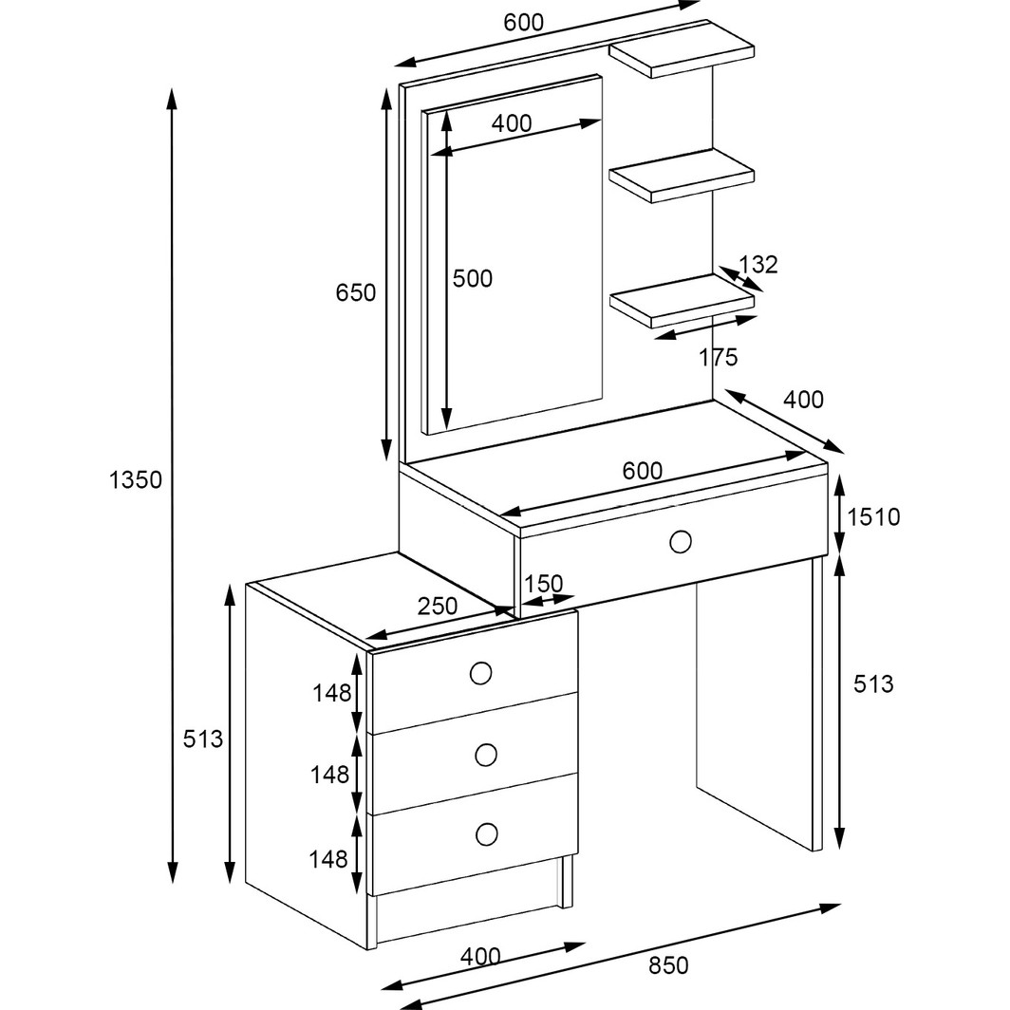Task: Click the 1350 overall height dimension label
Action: tap(135, 480)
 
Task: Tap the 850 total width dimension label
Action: tap(668, 965)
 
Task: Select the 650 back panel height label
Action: tap(356, 293)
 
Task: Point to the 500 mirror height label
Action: tap(472, 279)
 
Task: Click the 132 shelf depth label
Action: tap(758, 265)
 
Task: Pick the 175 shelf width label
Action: tap(719, 358)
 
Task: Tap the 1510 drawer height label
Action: tap(873, 517)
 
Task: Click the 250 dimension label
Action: tap(438, 607)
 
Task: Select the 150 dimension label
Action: tap(543, 584)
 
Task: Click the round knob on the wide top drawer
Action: tap(681, 542)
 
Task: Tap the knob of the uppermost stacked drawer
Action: tap(480, 673)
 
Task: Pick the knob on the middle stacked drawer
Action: tap(486, 755)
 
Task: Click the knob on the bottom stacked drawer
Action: tap(487, 834)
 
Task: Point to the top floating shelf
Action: tap(682, 49)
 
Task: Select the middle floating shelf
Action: tap(682, 176)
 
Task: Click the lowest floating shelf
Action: tap(682, 301)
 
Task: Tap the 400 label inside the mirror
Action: tap(512, 123)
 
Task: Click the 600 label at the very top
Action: tap(523, 23)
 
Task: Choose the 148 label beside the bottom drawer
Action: tap(328, 859)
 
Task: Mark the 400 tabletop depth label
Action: tap(803, 400)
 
